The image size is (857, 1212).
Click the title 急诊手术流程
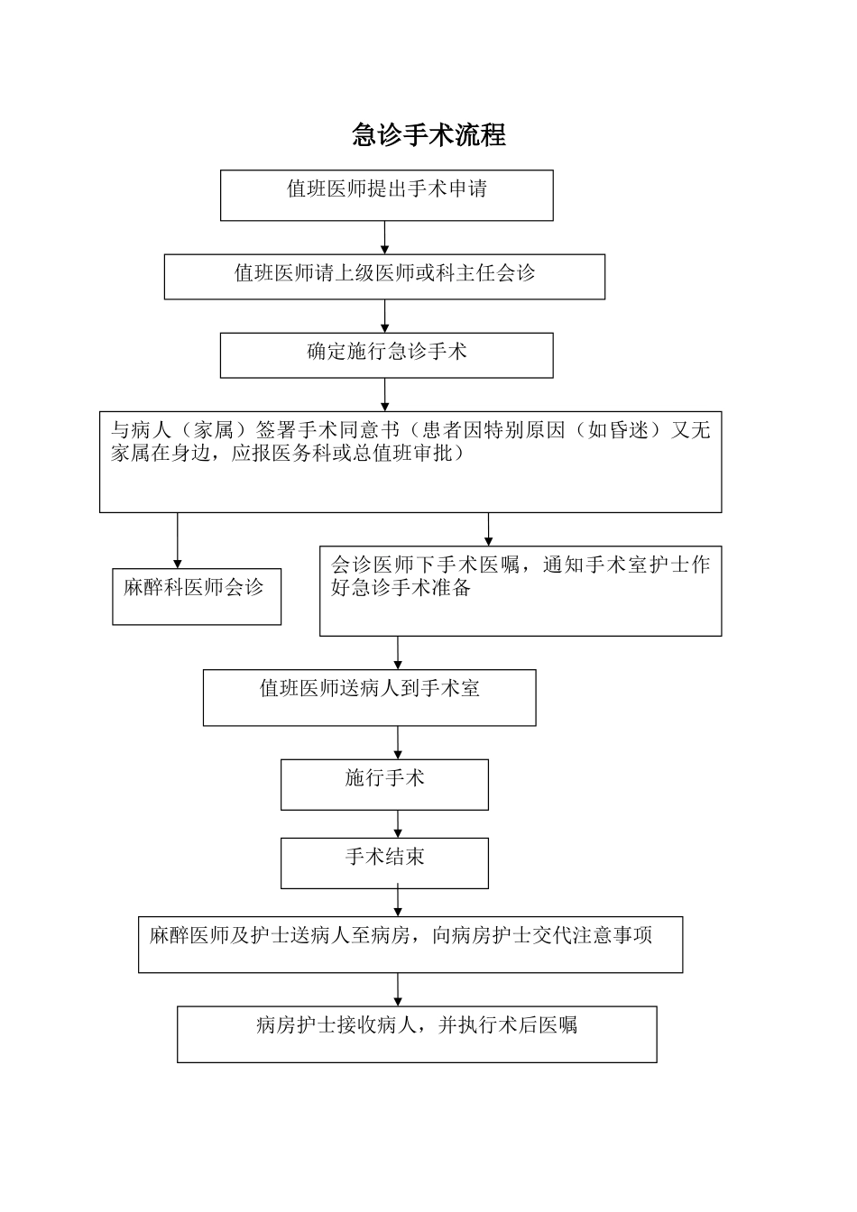pos(428,135)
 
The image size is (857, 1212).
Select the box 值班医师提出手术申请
pos(386,195)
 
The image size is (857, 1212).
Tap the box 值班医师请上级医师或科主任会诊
pos(384,276)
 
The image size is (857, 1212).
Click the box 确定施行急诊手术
pos(386,354)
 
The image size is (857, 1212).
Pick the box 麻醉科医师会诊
pos(196,596)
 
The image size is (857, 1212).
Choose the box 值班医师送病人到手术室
pos(369,697)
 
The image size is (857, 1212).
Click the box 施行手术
pos(384,784)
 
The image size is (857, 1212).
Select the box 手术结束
pos(384,863)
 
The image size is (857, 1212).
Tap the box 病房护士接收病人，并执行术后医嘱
pos(417,1033)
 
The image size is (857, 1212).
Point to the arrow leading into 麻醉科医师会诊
pos(178,541)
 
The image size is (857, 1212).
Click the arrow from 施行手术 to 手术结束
pos(398,824)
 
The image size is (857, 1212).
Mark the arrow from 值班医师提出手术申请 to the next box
pos(385,237)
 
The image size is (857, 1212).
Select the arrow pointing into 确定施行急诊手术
pos(385,316)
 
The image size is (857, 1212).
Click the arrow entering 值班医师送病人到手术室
pos(398,652)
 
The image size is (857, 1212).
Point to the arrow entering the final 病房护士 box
pos(398,989)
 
